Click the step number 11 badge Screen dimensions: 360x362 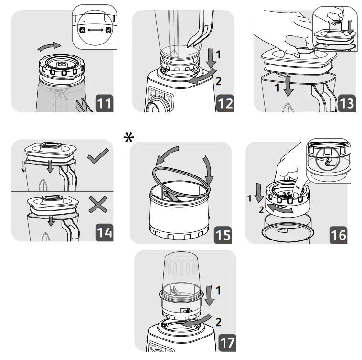[x=104, y=103]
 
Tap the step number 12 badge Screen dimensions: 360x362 [x=225, y=103]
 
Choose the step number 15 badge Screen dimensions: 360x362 [x=222, y=234]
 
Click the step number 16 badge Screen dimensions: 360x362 [x=338, y=234]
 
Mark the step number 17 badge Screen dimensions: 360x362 [x=227, y=342]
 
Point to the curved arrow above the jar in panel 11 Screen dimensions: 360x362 [x=50, y=46]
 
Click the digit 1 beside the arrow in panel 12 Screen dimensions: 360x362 [x=218, y=55]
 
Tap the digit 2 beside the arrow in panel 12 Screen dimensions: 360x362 [x=218, y=81]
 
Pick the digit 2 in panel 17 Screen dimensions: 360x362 [x=218, y=322]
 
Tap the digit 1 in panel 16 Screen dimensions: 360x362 [x=249, y=197]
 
